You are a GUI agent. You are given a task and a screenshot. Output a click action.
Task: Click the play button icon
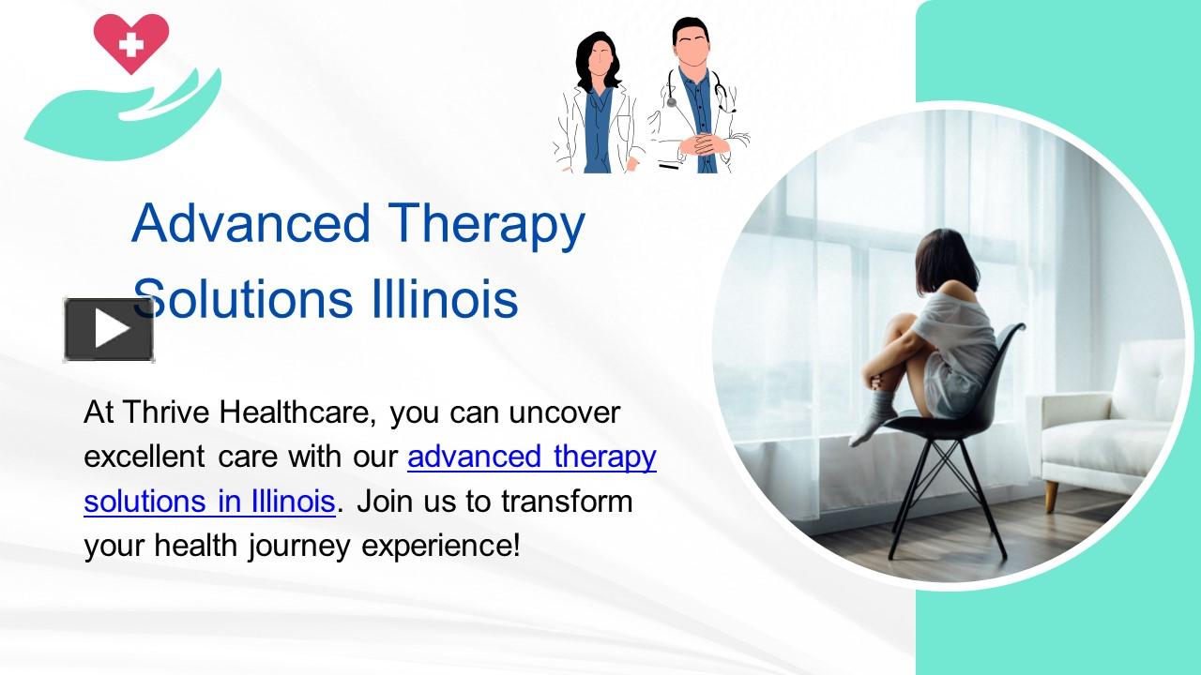109,329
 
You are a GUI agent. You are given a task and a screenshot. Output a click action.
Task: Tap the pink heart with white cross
132,41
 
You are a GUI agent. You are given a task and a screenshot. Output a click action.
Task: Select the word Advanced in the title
251,223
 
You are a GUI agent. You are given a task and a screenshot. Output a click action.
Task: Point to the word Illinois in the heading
437,299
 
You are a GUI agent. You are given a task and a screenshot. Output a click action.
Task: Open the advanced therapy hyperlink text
532,457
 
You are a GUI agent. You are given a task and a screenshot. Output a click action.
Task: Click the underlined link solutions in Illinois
209,502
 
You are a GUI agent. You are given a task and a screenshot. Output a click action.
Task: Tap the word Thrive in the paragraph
167,412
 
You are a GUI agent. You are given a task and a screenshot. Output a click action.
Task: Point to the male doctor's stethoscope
722,94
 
